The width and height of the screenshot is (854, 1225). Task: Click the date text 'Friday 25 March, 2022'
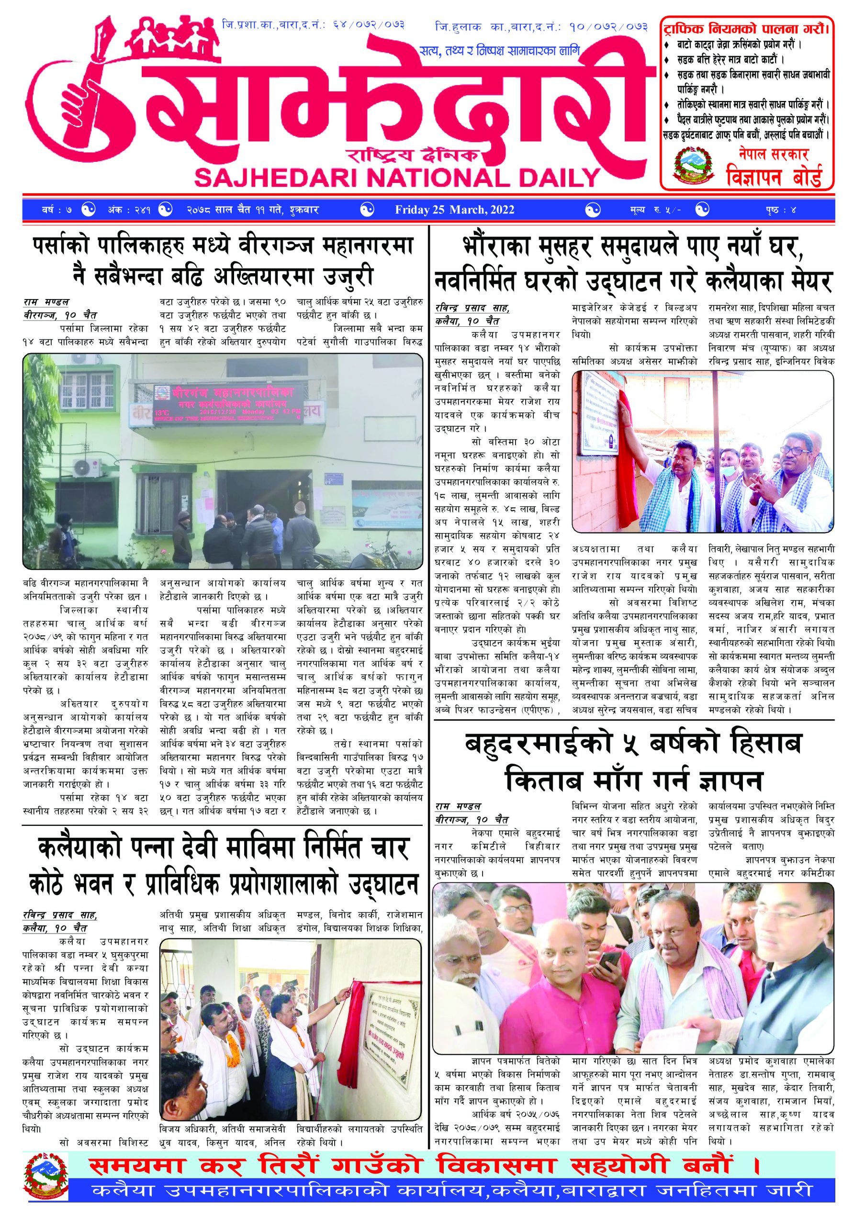[454, 210]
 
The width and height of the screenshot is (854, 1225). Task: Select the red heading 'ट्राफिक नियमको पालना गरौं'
[746, 28]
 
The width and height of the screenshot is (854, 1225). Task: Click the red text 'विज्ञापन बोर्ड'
[774, 177]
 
